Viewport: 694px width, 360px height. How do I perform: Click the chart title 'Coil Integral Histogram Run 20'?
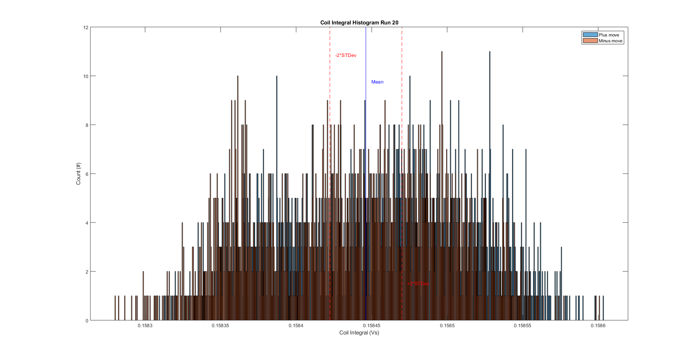click(359, 23)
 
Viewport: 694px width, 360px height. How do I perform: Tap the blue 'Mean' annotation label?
click(377, 82)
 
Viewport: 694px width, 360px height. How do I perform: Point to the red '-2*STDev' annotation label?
click(346, 55)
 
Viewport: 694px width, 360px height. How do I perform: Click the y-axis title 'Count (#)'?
click(78, 174)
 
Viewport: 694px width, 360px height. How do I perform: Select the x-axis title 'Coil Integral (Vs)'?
click(359, 333)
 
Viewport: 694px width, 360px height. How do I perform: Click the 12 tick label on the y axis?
click(86, 27)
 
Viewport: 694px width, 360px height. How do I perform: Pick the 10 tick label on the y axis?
click(86, 76)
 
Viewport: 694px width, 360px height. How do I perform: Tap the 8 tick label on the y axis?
click(87, 125)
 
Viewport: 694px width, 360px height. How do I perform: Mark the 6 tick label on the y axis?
click(87, 174)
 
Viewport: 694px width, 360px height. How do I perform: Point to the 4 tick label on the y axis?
click(87, 223)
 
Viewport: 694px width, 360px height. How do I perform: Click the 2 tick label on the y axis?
click(87, 272)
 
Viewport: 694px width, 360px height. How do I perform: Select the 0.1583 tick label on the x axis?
click(145, 326)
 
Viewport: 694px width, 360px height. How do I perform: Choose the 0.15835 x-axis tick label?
click(221, 326)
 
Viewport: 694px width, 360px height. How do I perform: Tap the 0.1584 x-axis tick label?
click(296, 326)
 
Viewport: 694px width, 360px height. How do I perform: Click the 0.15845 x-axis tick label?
click(371, 326)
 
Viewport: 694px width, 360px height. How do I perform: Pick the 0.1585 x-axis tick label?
click(447, 326)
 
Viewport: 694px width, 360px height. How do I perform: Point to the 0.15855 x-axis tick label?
click(522, 326)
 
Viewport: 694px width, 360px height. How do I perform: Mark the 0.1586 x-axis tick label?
click(598, 326)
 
